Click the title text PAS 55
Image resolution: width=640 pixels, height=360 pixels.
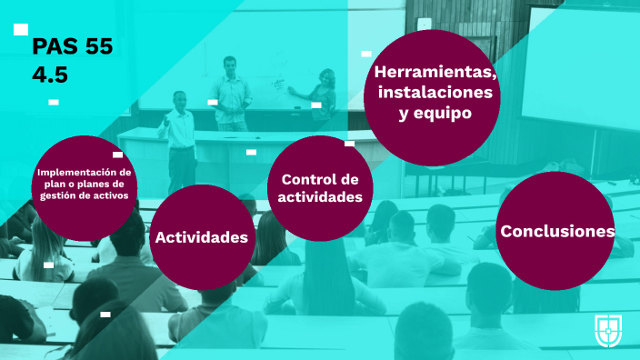point(72,48)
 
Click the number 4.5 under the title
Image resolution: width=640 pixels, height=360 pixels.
point(50,75)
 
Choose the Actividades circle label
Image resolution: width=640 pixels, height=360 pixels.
point(202,237)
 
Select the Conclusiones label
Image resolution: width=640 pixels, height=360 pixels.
point(557,232)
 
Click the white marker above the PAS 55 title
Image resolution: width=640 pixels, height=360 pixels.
point(21,30)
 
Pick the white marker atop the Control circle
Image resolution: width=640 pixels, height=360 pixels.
point(349,144)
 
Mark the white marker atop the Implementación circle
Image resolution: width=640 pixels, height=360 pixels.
point(117,155)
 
